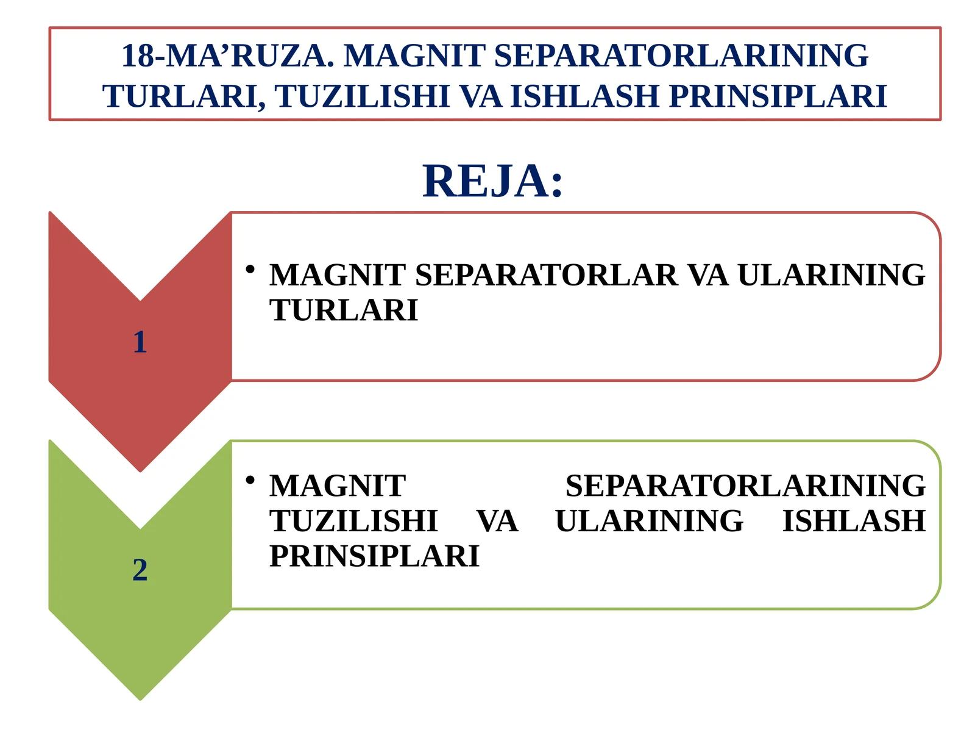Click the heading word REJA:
click(x=492, y=182)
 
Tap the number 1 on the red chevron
click(x=140, y=342)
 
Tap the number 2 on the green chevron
click(x=140, y=570)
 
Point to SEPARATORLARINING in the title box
click(x=681, y=56)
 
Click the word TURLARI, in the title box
click(x=185, y=96)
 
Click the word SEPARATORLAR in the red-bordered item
click(x=546, y=275)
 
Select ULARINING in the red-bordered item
click(x=831, y=275)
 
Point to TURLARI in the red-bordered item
click(x=344, y=310)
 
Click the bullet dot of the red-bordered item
click(x=249, y=269)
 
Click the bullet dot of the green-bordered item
click(x=249, y=480)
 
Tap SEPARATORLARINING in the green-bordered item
click(x=745, y=486)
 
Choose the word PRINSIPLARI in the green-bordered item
click(x=374, y=556)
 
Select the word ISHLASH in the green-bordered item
click(x=854, y=522)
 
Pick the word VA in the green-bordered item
click(x=497, y=522)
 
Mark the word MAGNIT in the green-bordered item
click(x=338, y=486)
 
